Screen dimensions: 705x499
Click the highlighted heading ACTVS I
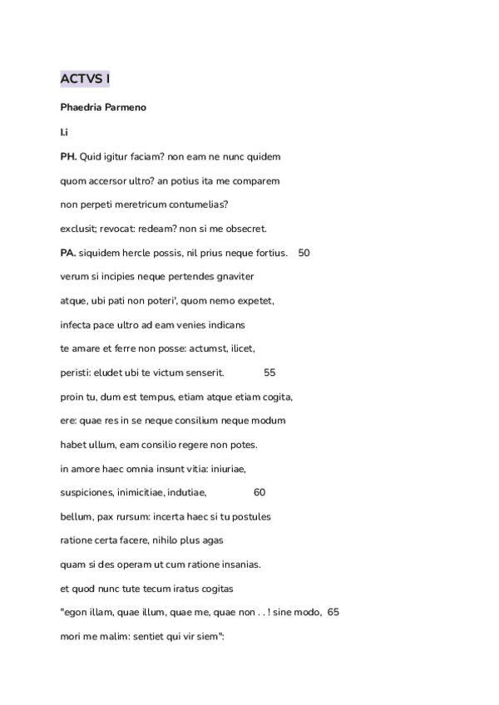tap(85, 80)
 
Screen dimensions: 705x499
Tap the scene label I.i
tap(64, 132)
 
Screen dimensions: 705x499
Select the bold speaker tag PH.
tap(68, 156)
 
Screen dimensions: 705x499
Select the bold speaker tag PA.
tap(68, 253)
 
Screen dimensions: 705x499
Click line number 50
tap(304, 253)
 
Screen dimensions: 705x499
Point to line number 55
tap(269, 372)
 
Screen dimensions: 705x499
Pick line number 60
tap(259, 492)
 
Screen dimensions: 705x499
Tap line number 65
tap(333, 613)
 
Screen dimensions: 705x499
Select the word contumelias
tap(199, 205)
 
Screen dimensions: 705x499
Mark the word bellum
tap(77, 516)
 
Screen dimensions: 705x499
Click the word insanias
tap(240, 564)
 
